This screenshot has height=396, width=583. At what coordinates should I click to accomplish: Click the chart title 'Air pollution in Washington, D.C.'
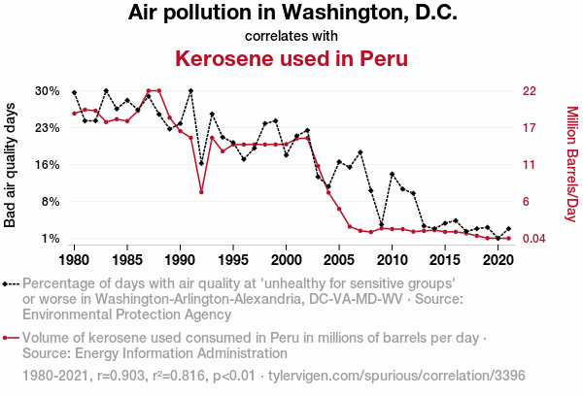coord(291,14)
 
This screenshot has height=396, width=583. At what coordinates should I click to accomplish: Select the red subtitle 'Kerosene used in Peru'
coord(291,58)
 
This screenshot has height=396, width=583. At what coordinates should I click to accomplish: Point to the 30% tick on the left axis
coord(48,91)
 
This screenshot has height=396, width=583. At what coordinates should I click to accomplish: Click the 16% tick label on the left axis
coord(48,165)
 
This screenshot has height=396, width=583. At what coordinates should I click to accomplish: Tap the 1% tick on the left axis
coord(51,239)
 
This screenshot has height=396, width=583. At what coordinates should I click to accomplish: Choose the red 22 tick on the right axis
coord(531,91)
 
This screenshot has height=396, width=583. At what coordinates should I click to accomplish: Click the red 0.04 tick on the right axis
coord(535,239)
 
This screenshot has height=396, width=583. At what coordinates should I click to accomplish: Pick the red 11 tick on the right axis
coord(530,165)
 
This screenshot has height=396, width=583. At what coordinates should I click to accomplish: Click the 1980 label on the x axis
coord(75,260)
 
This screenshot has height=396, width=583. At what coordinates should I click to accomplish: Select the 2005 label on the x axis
coord(339,260)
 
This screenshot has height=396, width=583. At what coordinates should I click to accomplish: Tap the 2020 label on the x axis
coord(497,260)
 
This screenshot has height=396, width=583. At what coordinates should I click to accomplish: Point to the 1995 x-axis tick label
coord(233,260)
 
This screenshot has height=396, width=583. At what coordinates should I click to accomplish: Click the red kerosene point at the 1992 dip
coord(201,192)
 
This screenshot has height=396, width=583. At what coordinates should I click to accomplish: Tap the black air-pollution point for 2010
coord(392,175)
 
